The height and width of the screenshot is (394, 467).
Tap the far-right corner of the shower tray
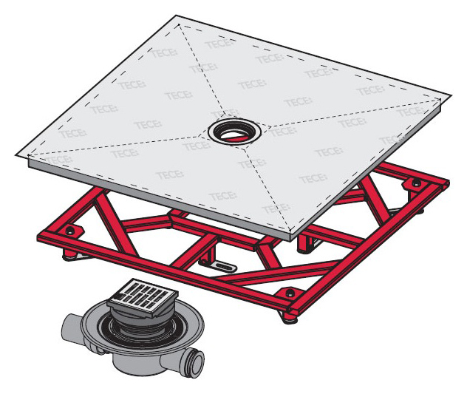449,98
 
